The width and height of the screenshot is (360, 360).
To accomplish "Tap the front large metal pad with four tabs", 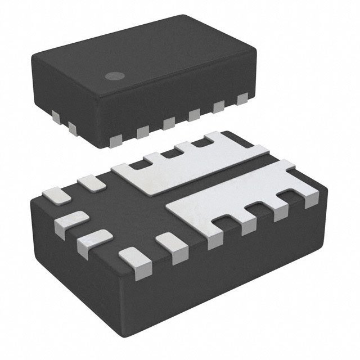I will [236, 197].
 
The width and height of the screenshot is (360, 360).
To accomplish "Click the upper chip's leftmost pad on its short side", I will [56, 117].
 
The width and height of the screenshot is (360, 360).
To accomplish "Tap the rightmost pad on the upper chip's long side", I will [243, 100].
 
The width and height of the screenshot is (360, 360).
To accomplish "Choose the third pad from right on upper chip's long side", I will [193, 115].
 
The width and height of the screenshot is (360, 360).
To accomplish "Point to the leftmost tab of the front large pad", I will [215, 237].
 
